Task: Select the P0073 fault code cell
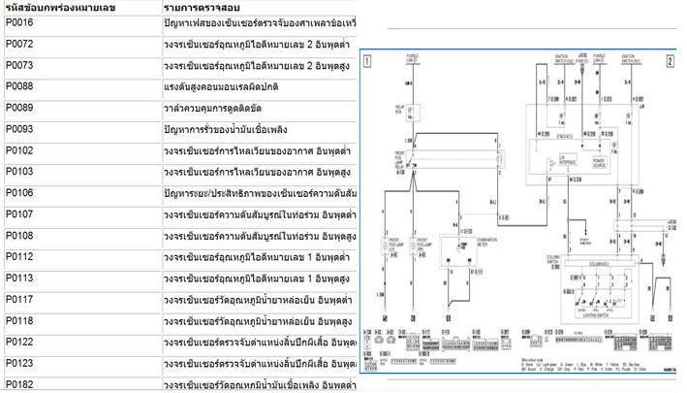click(19, 66)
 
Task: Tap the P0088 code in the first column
click(19, 87)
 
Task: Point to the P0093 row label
click(19, 129)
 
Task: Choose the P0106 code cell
click(19, 193)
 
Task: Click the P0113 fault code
click(19, 278)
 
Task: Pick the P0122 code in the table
click(19, 342)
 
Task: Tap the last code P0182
click(19, 384)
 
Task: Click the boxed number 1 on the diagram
click(368, 60)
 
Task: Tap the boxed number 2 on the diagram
click(670, 60)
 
